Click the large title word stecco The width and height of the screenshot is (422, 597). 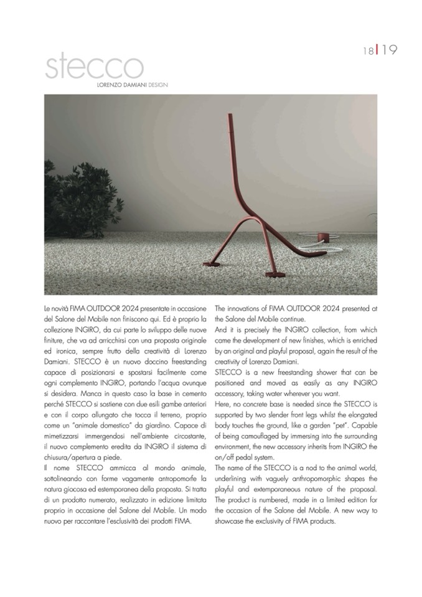(x=94, y=66)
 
